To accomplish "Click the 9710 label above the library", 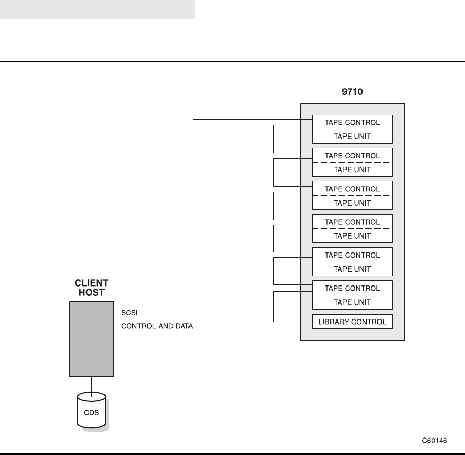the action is tap(353, 92).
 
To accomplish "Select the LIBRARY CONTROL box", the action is tap(352, 322).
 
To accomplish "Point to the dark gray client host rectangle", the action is tap(91, 339).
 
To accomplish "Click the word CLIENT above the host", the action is tap(92, 283).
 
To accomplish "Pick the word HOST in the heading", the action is tap(92, 293).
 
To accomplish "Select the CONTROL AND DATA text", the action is tap(157, 326).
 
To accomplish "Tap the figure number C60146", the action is tap(435, 441).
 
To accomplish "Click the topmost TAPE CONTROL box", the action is tap(352, 122).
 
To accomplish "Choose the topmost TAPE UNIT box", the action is tap(352, 136).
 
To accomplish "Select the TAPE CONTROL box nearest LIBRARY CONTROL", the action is tap(352, 288).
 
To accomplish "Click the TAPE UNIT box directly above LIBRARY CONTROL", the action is tap(352, 302).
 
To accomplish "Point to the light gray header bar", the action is tap(97, 9).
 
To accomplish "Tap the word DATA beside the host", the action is tap(183, 326).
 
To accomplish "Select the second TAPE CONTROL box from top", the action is tap(352, 155).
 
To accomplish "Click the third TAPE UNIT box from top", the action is tap(352, 203).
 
